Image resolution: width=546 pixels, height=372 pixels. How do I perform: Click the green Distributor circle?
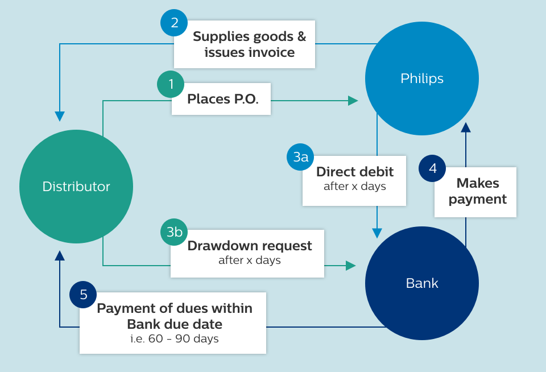click(x=76, y=187)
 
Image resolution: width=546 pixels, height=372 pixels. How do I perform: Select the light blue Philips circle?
click(x=421, y=78)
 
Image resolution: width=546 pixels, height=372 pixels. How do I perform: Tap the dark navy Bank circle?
click(x=421, y=283)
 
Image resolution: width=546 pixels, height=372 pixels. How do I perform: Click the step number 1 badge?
click(x=171, y=85)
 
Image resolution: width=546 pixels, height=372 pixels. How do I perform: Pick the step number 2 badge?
click(x=175, y=23)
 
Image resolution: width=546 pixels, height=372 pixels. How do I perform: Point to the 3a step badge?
click(x=301, y=156)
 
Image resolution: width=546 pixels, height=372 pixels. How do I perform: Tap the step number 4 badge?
click(x=433, y=169)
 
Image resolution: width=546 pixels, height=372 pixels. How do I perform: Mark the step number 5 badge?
click(x=84, y=294)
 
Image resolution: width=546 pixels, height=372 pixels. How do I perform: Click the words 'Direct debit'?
click(x=355, y=172)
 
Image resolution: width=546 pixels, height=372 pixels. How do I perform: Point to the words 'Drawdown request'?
click(x=250, y=246)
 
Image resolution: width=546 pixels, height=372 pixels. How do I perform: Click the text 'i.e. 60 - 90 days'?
click(x=174, y=339)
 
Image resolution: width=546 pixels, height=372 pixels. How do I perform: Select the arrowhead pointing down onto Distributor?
click(x=60, y=116)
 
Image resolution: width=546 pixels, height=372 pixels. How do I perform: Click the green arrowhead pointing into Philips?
click(x=353, y=101)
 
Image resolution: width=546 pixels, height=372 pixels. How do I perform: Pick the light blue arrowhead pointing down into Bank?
click(x=377, y=233)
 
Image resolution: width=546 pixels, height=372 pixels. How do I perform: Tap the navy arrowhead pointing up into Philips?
click(x=466, y=127)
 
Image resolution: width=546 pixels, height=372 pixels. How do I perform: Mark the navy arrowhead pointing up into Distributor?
click(x=60, y=255)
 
